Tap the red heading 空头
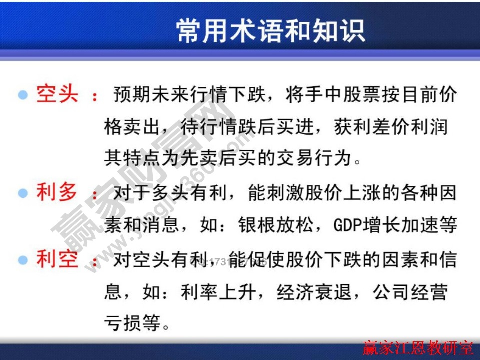pos(57,93)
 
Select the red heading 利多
pos(57,192)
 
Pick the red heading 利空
pos(57,259)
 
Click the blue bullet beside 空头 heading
pos(23,95)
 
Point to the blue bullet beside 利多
pos(23,193)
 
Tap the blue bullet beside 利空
pos(23,260)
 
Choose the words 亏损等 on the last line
pos(132,324)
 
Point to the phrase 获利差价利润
pos(390,126)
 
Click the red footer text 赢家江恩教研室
pos(417,347)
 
